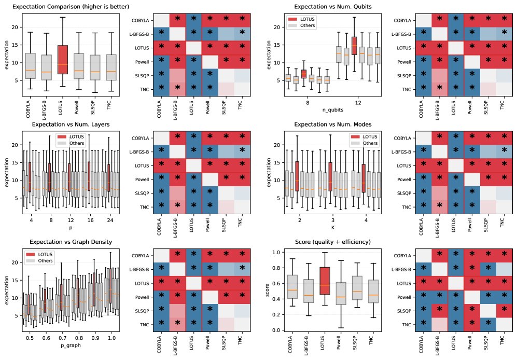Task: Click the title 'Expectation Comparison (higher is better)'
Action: pyautogui.click(x=71, y=6)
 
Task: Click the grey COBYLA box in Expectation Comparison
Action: pyautogui.click(x=30, y=65)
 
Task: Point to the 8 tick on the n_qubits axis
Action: pyautogui.click(x=308, y=103)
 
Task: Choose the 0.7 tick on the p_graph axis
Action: pyautogui.click(x=62, y=338)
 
